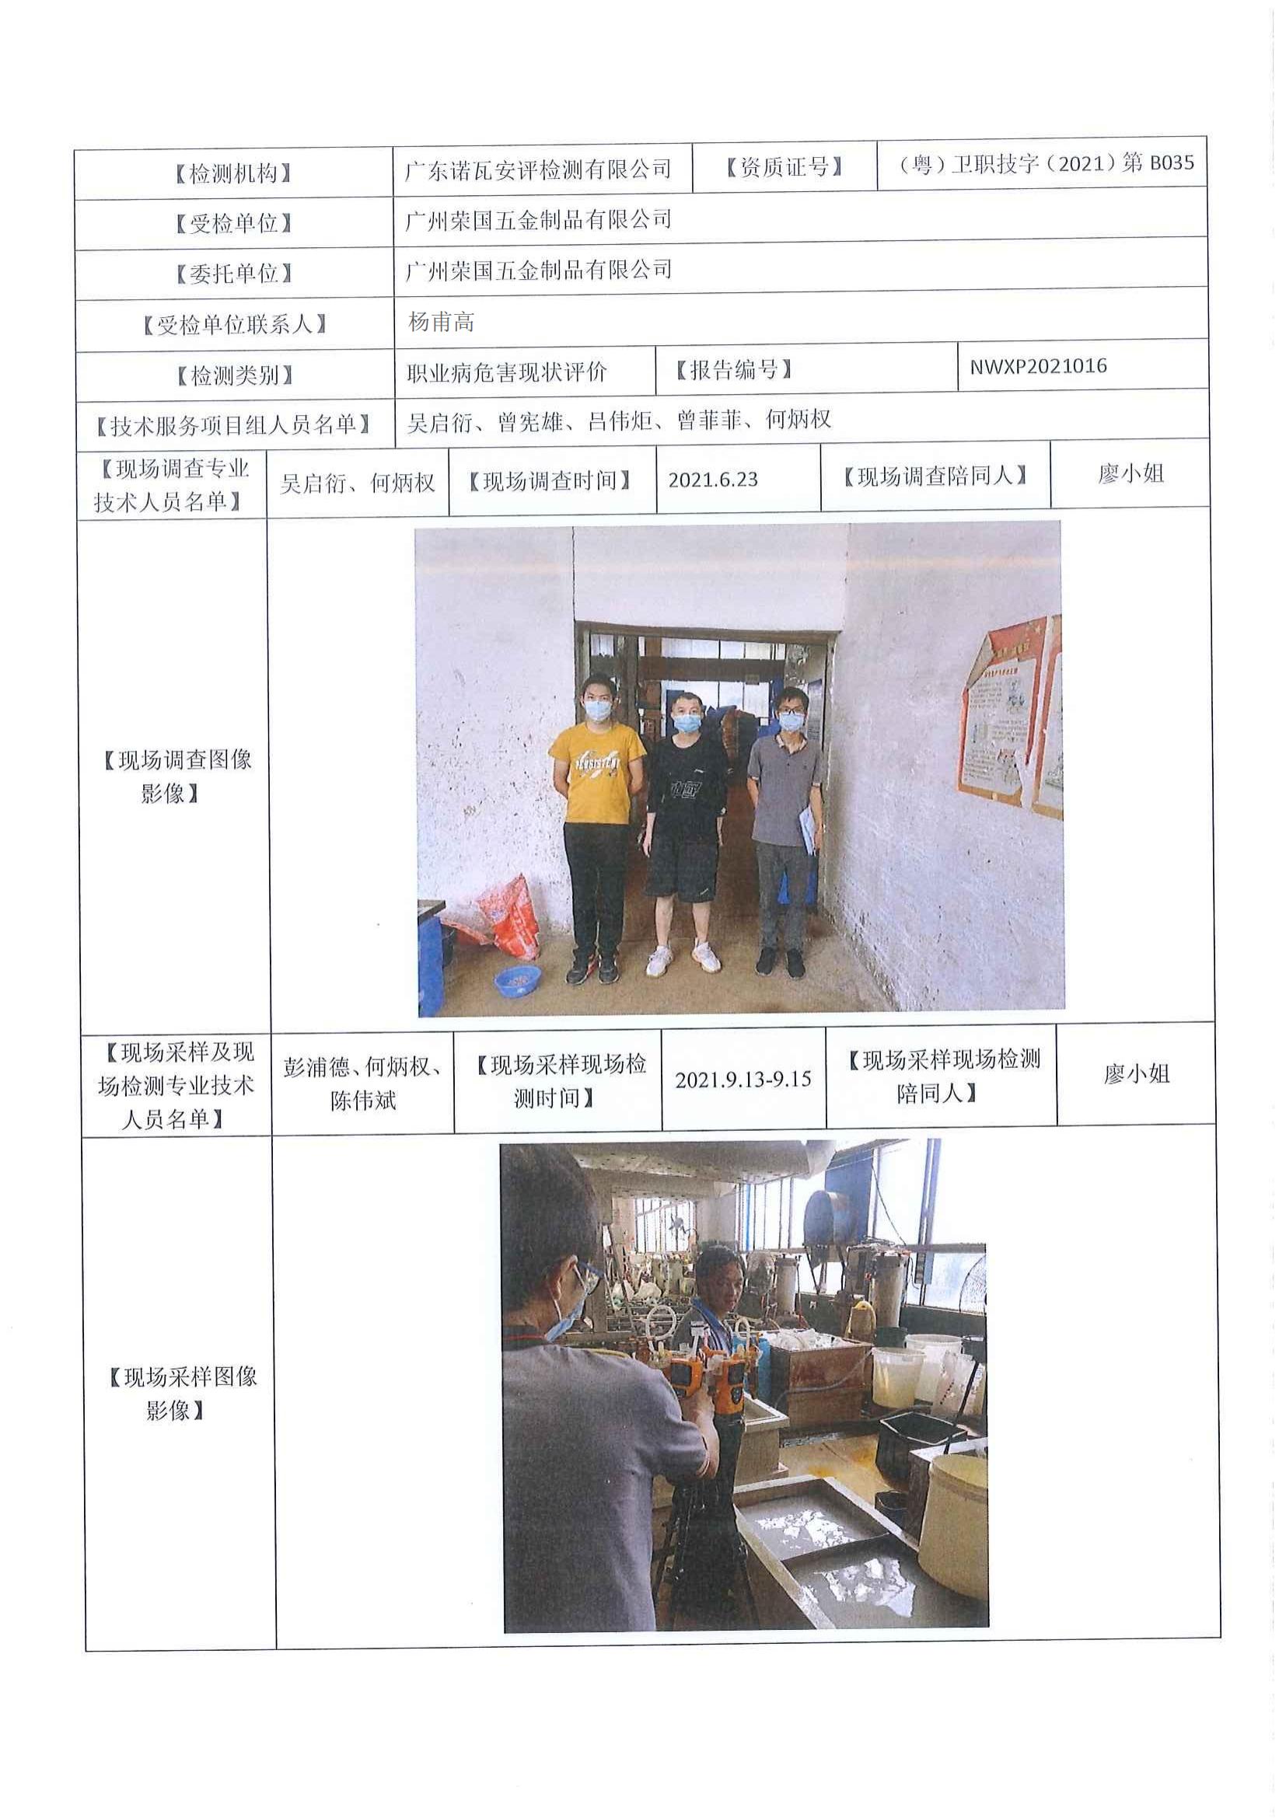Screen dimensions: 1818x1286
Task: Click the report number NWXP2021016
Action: (1038, 367)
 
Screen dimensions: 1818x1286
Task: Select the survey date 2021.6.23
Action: (713, 480)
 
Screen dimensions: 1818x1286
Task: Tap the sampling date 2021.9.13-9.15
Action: (743, 1080)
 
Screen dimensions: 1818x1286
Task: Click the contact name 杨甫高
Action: (441, 323)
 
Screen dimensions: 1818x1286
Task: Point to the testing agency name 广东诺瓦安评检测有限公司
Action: (539, 169)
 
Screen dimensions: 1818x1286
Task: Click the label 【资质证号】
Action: (784, 167)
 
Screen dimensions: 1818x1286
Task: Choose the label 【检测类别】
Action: (234, 375)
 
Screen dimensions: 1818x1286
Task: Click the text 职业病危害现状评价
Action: (507, 372)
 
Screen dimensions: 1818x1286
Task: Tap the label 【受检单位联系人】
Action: (234, 325)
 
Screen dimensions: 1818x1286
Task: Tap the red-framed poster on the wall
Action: (1010, 717)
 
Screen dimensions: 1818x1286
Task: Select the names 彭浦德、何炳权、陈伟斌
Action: (362, 1083)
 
